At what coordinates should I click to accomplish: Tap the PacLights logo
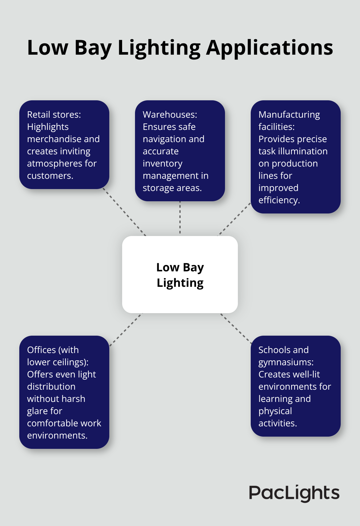(x=294, y=493)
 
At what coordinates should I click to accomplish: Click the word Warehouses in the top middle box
(x=169, y=115)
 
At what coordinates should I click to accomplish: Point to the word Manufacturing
(x=289, y=115)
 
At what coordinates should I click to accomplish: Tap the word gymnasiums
(x=285, y=362)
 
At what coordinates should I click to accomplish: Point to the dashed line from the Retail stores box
(x=124, y=212)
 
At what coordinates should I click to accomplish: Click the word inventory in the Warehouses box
(x=162, y=164)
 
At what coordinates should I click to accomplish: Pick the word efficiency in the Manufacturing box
(x=278, y=200)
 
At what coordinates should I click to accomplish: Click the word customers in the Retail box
(x=50, y=176)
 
